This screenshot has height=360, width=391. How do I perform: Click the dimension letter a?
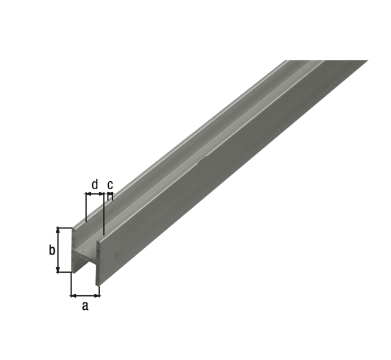point(86,306)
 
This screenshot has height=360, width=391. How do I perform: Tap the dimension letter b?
point(51,250)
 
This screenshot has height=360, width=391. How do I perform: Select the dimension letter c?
point(110,185)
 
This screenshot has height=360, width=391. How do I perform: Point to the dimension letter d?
point(95,184)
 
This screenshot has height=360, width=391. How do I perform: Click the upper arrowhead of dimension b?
point(59,230)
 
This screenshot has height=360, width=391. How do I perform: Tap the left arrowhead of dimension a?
point(73,296)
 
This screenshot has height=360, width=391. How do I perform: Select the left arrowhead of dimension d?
point(88,193)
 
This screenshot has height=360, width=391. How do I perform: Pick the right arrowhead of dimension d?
point(101,193)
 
